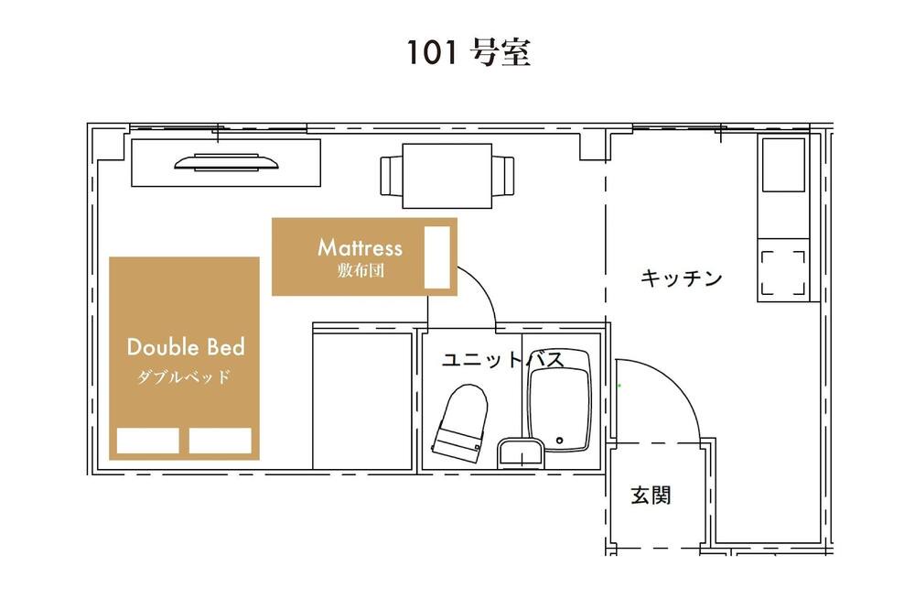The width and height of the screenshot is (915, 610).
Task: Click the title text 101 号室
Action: point(468,52)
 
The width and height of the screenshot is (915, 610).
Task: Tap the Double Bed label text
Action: point(186,347)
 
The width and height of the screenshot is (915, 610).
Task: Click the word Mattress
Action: point(360,247)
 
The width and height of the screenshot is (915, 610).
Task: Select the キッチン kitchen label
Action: point(681,278)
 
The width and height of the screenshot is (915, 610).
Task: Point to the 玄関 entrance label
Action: point(651,496)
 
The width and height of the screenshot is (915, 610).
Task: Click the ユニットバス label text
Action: point(503,359)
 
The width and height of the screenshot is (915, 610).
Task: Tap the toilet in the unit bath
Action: point(461,423)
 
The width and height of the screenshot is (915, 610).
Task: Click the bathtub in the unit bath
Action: point(559,400)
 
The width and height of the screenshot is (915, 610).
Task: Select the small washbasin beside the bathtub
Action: point(522,454)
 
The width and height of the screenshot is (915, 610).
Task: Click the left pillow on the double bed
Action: point(147,441)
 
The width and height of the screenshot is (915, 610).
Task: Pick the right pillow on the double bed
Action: point(220,441)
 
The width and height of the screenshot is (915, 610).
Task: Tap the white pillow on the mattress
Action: point(437,257)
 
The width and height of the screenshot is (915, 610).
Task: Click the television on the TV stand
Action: point(226,162)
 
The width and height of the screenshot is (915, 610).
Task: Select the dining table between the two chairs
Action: point(447,176)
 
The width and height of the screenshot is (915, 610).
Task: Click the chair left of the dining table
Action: point(392,176)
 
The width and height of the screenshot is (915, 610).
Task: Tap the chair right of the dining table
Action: point(503,176)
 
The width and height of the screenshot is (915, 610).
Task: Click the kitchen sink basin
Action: point(784,165)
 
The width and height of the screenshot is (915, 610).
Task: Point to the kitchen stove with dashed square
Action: point(784,273)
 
